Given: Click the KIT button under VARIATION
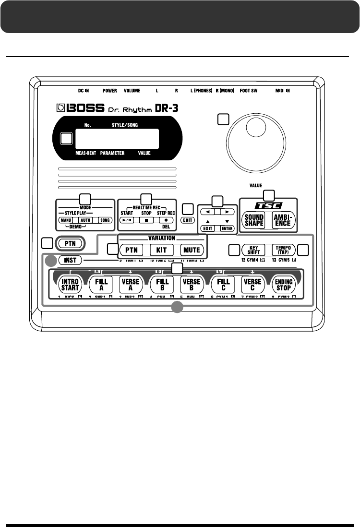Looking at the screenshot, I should [161, 250].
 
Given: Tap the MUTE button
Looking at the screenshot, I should [191, 250].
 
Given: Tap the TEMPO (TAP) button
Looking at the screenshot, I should [282, 250].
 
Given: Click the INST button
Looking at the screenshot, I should [70, 260].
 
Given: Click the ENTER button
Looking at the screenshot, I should [227, 228].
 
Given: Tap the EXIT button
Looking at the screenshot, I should [208, 228].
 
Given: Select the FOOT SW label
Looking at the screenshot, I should [248, 90].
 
